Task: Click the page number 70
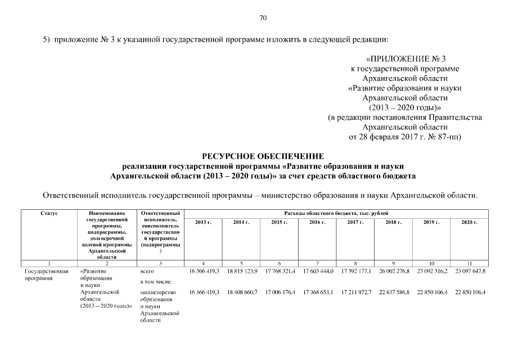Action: point(263,18)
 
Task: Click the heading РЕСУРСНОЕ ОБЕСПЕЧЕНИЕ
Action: point(263,156)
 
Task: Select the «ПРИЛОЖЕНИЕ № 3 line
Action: point(405,58)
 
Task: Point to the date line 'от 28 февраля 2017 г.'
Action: point(405,137)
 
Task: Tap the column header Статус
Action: point(49,214)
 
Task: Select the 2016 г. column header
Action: point(318,223)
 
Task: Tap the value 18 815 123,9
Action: point(242,271)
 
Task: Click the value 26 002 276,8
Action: point(394,271)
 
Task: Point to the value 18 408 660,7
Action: point(242,292)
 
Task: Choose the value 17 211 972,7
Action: point(356,292)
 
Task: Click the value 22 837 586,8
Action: point(394,292)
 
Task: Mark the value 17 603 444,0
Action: point(318,271)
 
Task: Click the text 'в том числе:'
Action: point(155,282)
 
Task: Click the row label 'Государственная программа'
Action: point(46,274)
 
